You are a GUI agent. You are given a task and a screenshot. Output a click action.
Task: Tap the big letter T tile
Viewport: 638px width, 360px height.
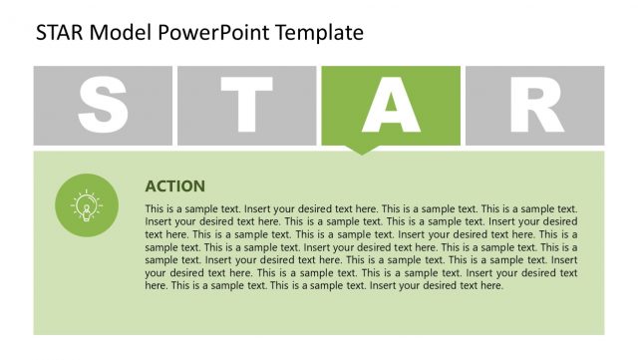tap(247, 106)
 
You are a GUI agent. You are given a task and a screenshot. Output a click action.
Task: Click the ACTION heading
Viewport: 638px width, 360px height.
tap(174, 186)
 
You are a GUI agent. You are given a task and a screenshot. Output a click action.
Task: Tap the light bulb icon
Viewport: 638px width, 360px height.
tap(87, 205)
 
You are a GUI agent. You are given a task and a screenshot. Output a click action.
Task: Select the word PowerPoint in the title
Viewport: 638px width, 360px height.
tap(209, 33)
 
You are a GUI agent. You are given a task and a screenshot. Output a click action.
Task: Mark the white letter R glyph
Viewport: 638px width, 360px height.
tap(535, 106)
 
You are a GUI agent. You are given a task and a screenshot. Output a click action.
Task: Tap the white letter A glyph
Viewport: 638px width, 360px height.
tap(391, 106)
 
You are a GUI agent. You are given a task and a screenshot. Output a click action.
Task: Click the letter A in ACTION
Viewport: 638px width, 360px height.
tap(151, 186)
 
